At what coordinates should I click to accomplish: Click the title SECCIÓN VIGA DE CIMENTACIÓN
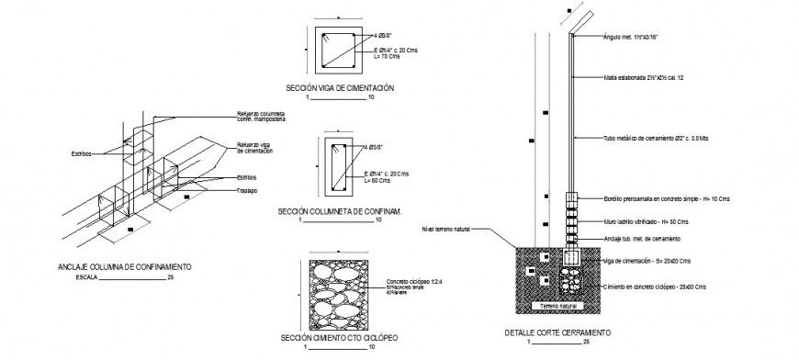click(x=339, y=87)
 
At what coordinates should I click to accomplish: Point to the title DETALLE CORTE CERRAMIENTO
click(x=557, y=332)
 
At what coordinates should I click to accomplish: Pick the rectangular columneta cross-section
click(x=338, y=167)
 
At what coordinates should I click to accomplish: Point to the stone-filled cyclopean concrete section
click(x=341, y=288)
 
